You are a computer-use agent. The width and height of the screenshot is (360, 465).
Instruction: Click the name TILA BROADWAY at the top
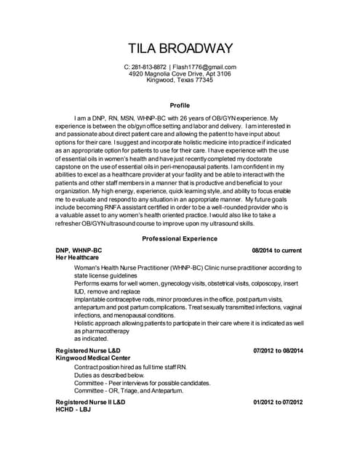point(180,49)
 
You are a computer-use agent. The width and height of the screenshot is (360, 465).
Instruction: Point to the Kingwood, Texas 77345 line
point(180,81)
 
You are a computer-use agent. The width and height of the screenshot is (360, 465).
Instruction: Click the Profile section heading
point(180,105)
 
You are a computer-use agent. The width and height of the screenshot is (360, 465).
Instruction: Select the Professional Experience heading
point(180,238)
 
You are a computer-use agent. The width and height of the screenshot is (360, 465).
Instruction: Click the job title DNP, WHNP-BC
point(79,250)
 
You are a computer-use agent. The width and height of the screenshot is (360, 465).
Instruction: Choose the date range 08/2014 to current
point(277,250)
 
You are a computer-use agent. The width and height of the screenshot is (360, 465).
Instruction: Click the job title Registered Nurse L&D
point(91,351)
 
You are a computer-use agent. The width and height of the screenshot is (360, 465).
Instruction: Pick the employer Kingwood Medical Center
point(93,358)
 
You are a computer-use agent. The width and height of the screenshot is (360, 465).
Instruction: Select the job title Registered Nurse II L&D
point(93,401)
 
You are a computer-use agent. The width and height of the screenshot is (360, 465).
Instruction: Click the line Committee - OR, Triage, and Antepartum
point(129,390)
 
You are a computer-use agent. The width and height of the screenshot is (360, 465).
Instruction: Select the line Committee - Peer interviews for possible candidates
point(142,383)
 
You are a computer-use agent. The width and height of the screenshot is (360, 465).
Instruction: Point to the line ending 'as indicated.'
point(91,339)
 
